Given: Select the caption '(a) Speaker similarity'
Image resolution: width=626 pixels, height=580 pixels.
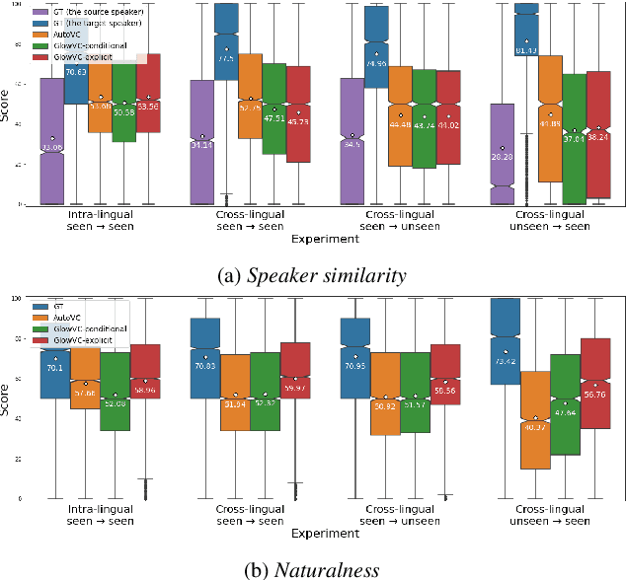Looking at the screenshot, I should (x=312, y=275).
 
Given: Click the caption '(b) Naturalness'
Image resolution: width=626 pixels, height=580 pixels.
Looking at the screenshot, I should (x=312, y=568).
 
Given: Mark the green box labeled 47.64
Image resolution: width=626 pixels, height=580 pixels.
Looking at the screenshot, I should (x=565, y=404).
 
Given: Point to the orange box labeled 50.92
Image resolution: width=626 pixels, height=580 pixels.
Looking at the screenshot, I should (x=384, y=394).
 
